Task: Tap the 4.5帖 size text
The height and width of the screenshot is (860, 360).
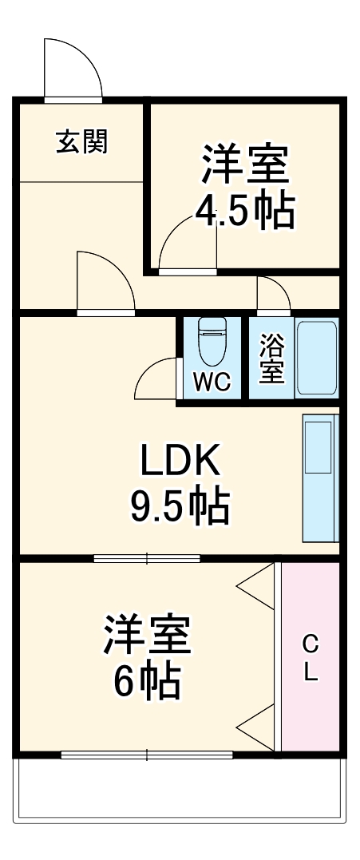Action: [246, 211]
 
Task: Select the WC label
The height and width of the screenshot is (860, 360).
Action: [212, 382]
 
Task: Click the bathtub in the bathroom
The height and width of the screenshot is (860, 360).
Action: [317, 357]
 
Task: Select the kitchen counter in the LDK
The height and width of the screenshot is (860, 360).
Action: [319, 478]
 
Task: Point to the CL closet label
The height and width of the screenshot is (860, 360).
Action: [311, 657]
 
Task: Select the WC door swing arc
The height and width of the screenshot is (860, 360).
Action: [156, 378]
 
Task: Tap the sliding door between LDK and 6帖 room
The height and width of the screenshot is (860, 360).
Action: [147, 557]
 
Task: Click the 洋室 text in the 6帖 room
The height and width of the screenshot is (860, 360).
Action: [147, 635]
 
